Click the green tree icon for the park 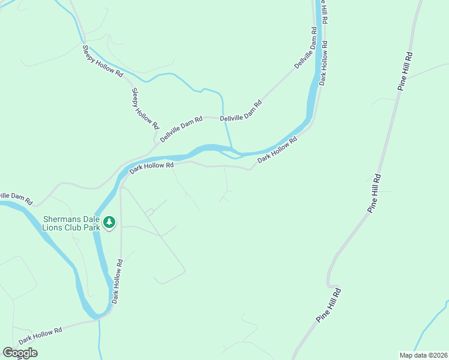point(109,223)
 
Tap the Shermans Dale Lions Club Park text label point(71,223)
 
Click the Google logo point(20,353)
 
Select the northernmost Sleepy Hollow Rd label point(103,61)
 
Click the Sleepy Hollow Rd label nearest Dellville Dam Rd point(145,109)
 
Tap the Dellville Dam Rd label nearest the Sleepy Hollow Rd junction point(181,129)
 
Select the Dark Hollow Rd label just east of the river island point(277,150)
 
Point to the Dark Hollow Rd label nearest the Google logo point(40,335)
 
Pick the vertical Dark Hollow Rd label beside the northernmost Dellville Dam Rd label point(324,63)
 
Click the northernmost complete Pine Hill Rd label point(405,71)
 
